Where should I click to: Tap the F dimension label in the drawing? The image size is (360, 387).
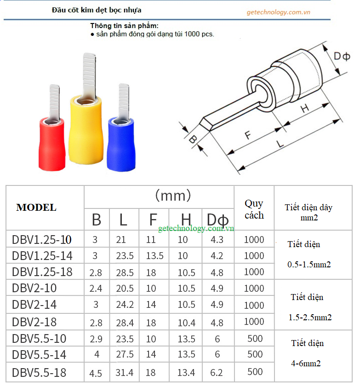[247, 135]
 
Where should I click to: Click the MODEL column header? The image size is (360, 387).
[36, 208]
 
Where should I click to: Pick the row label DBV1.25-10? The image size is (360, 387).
[42, 239]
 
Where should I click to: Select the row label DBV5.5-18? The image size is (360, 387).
[39, 372]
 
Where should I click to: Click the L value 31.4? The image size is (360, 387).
[124, 372]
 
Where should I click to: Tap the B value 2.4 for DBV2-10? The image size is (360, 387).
[96, 289]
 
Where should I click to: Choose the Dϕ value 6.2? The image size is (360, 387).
[217, 372]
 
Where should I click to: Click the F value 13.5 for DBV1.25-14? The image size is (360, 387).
[154, 256]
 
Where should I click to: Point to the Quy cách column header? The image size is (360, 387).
[254, 209]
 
